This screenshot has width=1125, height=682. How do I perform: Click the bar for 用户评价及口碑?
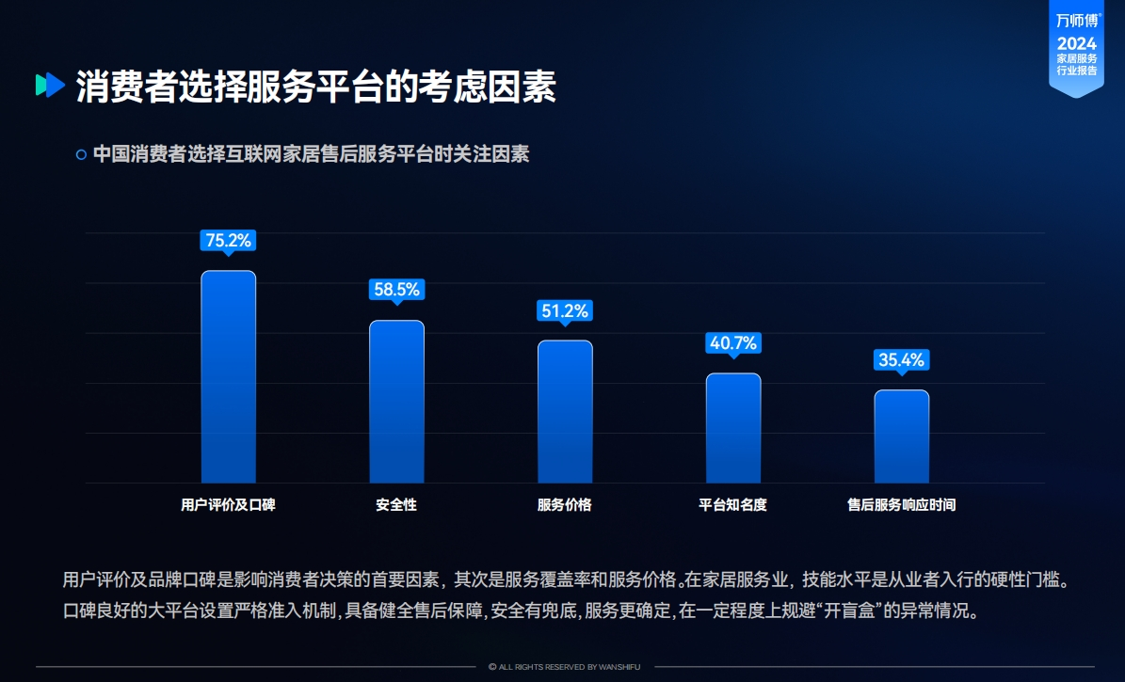pos(228,376)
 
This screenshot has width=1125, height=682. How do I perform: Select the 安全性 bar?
pos(396,402)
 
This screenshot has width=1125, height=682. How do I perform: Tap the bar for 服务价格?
pos(565,411)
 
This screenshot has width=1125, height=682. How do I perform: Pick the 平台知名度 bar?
pos(733,428)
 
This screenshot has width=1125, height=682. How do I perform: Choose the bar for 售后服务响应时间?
pos(901,436)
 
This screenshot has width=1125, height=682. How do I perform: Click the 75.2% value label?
pos(228,241)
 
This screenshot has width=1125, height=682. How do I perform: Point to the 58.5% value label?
pos(396,290)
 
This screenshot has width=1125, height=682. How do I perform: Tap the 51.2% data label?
pos(565,310)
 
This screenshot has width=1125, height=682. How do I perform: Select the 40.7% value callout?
pos(733,343)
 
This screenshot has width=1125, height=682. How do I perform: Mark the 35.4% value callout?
pos(901,359)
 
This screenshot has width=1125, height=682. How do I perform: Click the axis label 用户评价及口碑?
pos(228,505)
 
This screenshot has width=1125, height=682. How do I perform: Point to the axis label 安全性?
pos(396,505)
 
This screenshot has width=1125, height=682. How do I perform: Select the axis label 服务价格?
pos(565,505)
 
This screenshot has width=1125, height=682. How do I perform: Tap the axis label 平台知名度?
pos(733,505)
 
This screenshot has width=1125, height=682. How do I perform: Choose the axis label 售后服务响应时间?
pos(901,505)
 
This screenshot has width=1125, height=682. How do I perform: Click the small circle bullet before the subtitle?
pos(81,154)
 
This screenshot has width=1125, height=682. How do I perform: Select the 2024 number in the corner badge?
pos(1076,44)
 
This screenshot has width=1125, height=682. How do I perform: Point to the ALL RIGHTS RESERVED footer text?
pos(564,667)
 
